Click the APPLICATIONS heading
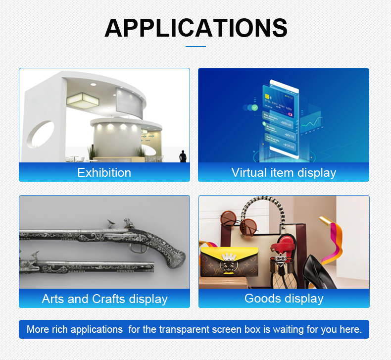point(196,28)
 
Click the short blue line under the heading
point(196,47)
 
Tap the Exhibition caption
point(104,173)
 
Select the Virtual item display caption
point(284,173)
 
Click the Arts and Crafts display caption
point(104,299)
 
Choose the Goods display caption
point(284,299)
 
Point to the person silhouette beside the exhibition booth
point(183,156)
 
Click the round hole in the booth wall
point(41,134)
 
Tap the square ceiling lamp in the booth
point(83,101)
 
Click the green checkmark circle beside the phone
point(254,107)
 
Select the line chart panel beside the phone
point(311,123)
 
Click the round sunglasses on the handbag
point(239,223)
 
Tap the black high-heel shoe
point(318,272)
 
